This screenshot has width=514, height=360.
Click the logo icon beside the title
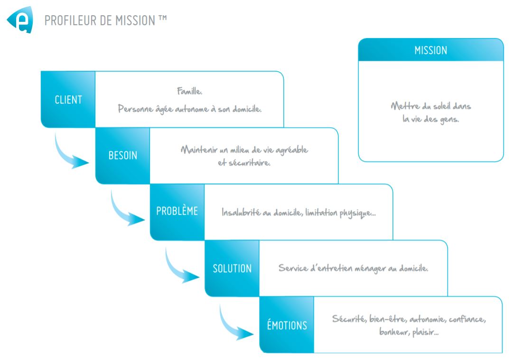coord(20,20)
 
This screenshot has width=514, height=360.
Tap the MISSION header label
coord(430,50)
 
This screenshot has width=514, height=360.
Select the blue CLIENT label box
coord(68,100)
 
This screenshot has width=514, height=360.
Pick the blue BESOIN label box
coord(122,156)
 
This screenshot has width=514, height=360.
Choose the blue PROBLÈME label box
coord(177,212)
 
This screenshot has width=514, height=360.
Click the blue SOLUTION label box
coord(232,268)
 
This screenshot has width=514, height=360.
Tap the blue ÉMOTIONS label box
coord(287,325)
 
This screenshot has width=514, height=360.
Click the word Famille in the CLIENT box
coord(189,91)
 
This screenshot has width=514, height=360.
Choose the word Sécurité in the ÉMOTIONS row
coord(348,319)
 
